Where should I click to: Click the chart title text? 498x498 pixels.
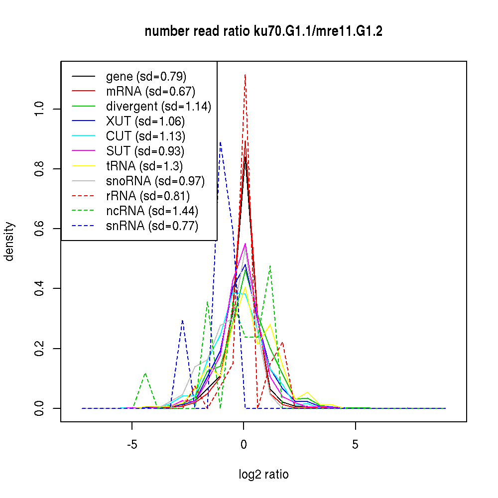pos(263,32)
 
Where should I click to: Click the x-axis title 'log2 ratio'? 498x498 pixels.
pos(263,475)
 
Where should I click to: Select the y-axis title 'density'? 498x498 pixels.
pos(9,242)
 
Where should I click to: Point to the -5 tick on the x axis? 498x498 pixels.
pos(132,444)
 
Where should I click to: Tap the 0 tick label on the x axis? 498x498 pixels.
pos(244,444)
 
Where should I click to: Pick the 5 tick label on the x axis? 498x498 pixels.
pos(355,444)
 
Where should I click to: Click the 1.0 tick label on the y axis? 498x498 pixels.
pos(40,109)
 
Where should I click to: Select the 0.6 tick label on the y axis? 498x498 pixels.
pos(40,229)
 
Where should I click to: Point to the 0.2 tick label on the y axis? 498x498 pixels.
pos(40,348)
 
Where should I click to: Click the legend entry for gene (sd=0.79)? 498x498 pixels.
pos(146,77)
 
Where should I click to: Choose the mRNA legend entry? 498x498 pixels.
pos(150,92)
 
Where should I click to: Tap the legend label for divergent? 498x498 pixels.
pos(158,107)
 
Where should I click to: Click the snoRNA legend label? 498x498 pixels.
pos(155,181)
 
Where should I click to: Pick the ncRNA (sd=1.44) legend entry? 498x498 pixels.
pos(152,211)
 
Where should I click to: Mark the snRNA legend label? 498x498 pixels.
pos(152,226)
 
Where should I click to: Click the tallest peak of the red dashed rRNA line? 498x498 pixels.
pos(245,74)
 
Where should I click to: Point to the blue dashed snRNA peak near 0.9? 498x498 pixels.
pos(220,142)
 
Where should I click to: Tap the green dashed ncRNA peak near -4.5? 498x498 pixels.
pos(145,373)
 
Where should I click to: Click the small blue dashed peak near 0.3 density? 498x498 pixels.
pos(183,320)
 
